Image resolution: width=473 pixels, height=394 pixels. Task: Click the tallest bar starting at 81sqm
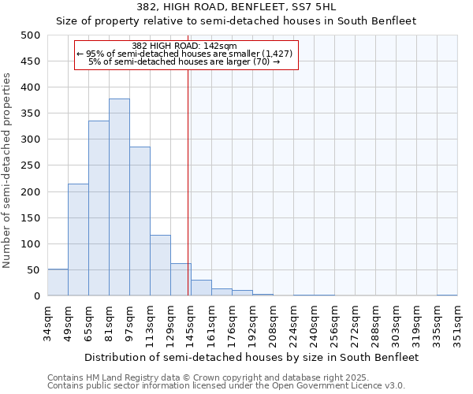[119, 197]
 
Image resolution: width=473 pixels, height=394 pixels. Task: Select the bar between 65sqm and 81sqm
[99, 208]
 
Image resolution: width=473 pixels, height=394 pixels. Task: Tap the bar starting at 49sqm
[78, 240]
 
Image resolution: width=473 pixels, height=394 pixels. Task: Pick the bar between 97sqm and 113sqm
[140, 221]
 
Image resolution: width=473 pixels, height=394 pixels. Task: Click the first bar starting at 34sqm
[58, 282]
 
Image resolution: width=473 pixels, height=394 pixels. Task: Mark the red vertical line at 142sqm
[188, 181]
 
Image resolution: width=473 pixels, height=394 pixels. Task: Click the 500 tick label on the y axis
[31, 35]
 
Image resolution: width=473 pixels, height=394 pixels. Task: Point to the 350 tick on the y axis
[31, 113]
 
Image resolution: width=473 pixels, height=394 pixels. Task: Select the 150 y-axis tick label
[31, 217]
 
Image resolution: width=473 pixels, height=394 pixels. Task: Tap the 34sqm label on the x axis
[48, 324]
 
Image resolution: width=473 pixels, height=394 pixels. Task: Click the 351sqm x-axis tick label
[458, 324]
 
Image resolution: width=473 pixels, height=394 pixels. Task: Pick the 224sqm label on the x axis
[294, 324]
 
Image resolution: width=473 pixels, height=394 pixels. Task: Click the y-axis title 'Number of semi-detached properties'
[8, 170]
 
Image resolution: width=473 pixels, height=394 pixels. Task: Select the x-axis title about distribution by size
[252, 357]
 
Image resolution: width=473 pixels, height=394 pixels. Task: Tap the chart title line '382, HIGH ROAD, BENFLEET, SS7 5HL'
[236, 8]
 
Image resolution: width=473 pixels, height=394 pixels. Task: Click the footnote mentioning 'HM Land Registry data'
[225, 377]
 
